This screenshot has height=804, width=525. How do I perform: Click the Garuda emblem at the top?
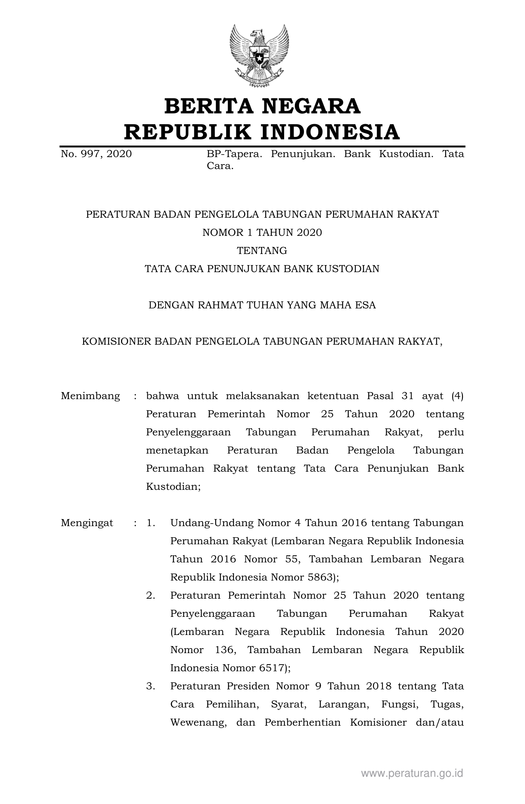pos(259,55)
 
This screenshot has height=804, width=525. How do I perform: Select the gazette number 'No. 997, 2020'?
pos(96,154)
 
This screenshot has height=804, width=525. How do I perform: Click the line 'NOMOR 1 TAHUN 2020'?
pos(262,233)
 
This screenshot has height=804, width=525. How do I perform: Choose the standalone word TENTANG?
pos(262,251)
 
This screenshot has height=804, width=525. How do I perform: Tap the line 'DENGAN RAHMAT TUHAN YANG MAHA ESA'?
pos(262,305)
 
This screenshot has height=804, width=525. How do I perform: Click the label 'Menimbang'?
pos(91,396)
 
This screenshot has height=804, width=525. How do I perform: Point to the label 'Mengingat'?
pos(87,523)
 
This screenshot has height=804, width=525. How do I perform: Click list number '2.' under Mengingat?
pos(151,595)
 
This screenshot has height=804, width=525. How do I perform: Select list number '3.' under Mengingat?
pos(151,686)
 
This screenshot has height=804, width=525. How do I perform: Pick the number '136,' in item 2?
pos(225,650)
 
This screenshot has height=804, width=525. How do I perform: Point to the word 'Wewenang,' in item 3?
pos(198,722)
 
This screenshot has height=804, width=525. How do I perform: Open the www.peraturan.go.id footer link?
pos(412,773)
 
